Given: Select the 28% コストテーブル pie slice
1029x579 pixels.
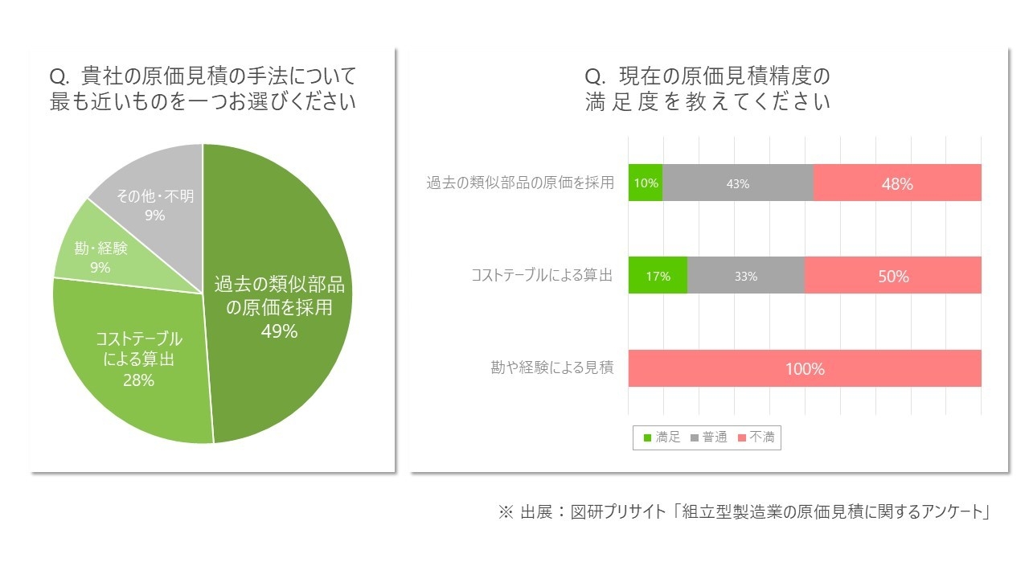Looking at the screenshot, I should tap(137, 358).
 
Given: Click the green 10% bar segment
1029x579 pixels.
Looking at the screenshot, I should tap(646, 183).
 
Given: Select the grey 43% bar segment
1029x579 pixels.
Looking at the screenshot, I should tap(738, 183).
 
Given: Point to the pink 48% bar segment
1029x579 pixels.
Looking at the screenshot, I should tap(897, 183).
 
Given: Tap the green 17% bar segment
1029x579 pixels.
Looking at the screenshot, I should tap(658, 276).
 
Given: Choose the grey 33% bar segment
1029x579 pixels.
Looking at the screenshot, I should tap(745, 276).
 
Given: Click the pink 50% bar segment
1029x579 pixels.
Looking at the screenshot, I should tap(892, 276).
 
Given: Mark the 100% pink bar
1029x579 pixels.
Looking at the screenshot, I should tap(805, 369).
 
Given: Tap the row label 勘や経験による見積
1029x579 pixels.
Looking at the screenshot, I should tap(552, 368).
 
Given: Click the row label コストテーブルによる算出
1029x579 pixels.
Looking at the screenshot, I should tap(542, 276).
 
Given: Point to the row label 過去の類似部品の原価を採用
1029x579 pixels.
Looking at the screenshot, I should tap(520, 183).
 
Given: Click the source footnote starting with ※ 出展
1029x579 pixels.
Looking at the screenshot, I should tap(744, 511).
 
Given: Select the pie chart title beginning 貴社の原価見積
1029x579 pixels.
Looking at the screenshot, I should tap(203, 89).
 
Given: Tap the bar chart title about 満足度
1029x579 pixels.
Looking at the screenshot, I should tap(707, 89).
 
